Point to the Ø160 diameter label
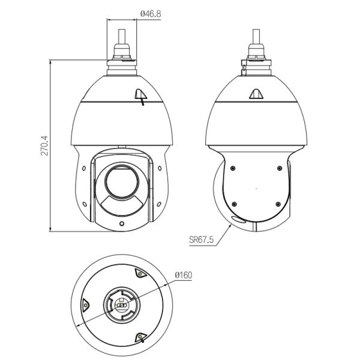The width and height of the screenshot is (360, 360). point(183,275)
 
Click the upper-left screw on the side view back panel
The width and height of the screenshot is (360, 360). point(233,167)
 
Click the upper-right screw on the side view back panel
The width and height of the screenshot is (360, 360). point(279,167)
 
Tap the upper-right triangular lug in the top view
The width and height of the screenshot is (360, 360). point(140,274)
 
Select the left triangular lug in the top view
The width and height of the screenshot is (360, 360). point(85,304)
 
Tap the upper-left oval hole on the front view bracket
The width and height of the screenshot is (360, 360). point(85,169)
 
